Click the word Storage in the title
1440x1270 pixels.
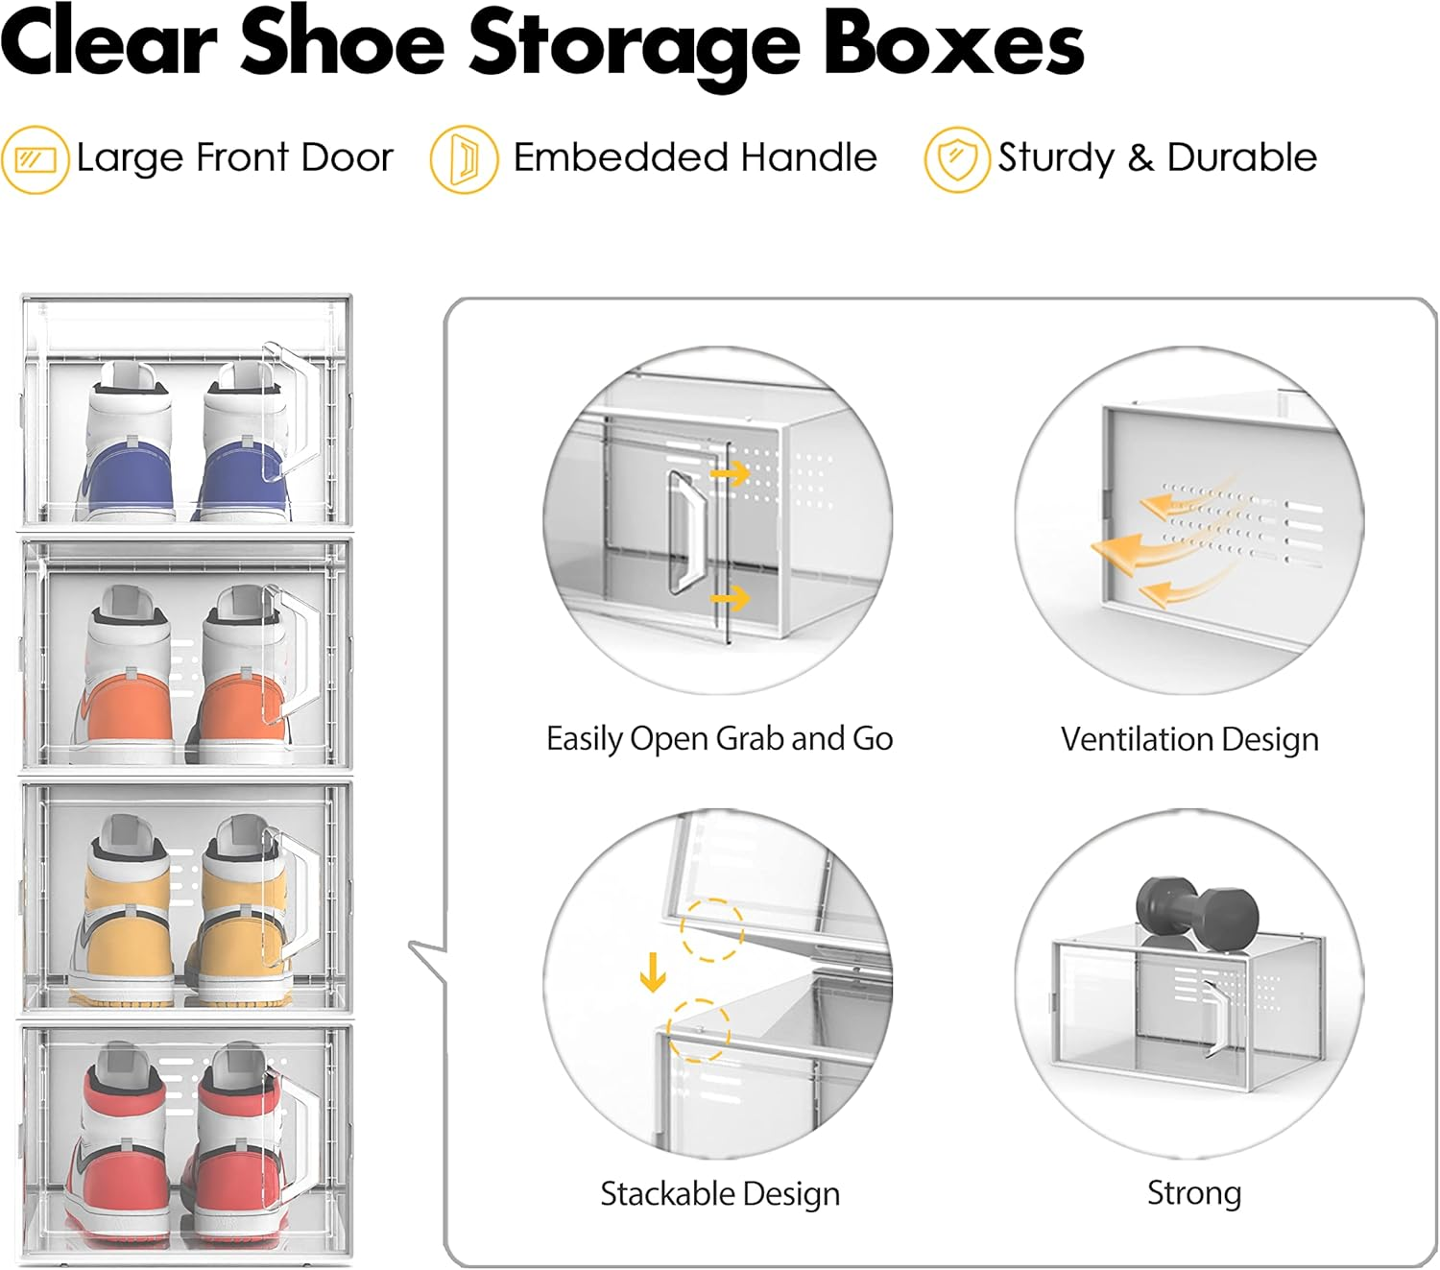tap(634, 44)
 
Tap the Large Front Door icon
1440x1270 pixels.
tap(36, 159)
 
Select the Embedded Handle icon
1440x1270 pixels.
tap(464, 159)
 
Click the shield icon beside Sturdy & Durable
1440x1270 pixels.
tap(957, 159)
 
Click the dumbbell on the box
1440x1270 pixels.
tap(1196, 908)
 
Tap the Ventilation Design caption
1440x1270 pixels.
tap(1189, 739)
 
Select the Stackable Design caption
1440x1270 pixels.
tap(720, 1193)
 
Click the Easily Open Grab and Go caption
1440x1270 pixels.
tap(719, 738)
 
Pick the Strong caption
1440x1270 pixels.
tap(1194, 1192)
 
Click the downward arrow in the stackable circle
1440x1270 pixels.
tap(653, 972)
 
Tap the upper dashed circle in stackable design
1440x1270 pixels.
tap(711, 928)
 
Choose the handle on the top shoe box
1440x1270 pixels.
tap(292, 413)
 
